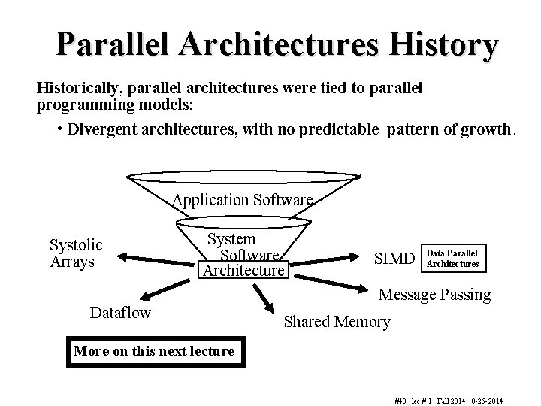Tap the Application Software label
tap(242, 200)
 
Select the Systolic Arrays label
tap(76, 253)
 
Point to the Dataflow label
tap(120, 311)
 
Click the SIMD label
tap(394, 259)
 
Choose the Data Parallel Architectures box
tap(452, 258)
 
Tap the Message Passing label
tap(434, 295)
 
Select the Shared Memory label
tap(337, 322)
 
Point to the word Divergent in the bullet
tap(100, 129)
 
